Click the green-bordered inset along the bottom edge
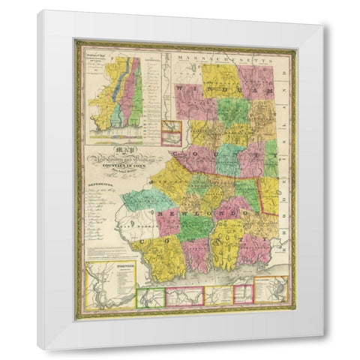click(150, 297)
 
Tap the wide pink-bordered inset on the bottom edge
click(184, 297)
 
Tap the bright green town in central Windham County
click(234, 110)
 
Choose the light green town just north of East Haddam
click(146, 199)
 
